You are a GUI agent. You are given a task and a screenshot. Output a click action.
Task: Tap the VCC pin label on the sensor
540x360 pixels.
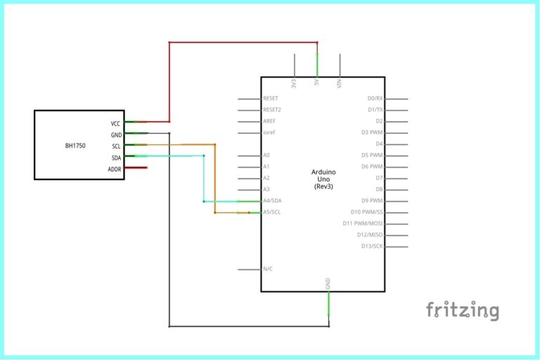point(115,123)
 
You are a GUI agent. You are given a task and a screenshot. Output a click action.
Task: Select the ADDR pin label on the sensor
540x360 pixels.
point(114,169)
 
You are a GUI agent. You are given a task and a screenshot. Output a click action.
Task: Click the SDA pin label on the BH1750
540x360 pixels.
point(115,157)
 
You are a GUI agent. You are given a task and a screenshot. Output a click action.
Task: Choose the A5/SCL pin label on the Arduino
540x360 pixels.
point(271,212)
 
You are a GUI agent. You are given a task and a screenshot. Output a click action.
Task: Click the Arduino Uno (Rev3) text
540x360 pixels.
point(323,179)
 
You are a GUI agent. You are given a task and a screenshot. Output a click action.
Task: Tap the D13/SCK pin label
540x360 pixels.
point(371,246)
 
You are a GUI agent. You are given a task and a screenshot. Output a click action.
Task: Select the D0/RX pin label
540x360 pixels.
point(375,99)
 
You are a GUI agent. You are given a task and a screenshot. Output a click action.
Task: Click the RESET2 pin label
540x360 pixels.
point(271,110)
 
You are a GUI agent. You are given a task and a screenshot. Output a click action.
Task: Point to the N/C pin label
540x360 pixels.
point(267,269)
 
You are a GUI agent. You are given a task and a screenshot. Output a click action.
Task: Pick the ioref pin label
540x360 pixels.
point(268,133)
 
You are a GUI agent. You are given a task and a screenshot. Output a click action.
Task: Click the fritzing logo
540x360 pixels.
point(463,310)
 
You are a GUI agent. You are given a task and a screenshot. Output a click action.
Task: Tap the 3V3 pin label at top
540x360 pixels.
point(294,83)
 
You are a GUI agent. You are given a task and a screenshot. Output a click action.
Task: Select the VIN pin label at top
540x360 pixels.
point(340,84)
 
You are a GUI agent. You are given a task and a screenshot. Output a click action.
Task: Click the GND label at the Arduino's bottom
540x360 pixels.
point(328,284)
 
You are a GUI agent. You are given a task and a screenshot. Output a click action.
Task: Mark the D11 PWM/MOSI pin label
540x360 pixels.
point(363,224)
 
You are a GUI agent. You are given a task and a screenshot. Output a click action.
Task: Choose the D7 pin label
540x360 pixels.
point(379,178)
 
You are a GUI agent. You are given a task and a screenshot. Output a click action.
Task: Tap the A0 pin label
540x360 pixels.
point(266,155)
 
